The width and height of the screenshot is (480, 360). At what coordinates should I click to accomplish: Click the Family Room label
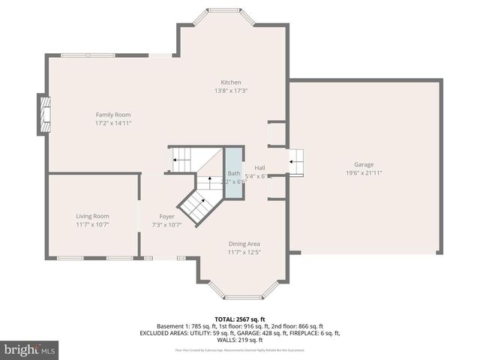pyautogui.click(x=112, y=115)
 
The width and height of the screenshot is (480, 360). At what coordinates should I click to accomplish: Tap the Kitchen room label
pyautogui.click(x=230, y=82)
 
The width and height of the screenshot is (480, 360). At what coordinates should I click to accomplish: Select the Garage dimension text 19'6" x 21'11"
pyautogui.click(x=364, y=173)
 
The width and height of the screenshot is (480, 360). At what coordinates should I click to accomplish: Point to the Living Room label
pyautogui.click(x=92, y=216)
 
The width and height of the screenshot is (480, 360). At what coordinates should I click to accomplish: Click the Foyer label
pyautogui.click(x=166, y=216)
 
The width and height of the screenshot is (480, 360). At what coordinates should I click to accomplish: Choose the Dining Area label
pyautogui.click(x=245, y=244)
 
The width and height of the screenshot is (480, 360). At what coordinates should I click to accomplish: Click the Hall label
pyautogui.click(x=259, y=168)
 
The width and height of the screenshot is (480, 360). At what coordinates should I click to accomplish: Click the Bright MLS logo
pyautogui.click(x=30, y=350)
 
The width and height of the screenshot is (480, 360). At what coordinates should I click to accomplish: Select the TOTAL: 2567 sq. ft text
pyautogui.click(x=239, y=318)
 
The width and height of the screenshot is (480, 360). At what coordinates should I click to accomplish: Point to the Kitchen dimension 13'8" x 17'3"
pyautogui.click(x=230, y=91)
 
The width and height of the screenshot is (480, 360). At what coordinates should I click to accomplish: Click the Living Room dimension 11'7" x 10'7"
pyautogui.click(x=92, y=224)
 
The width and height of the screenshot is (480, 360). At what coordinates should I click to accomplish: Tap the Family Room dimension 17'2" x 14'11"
pyautogui.click(x=113, y=123)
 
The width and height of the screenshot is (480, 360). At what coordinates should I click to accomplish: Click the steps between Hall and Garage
pyautogui.click(x=297, y=161)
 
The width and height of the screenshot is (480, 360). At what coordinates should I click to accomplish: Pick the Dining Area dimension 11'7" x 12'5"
pyautogui.click(x=245, y=252)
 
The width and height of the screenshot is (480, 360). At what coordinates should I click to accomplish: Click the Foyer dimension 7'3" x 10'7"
pyautogui.click(x=166, y=224)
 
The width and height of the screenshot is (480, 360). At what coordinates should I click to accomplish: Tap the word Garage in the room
pyautogui.click(x=364, y=165)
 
